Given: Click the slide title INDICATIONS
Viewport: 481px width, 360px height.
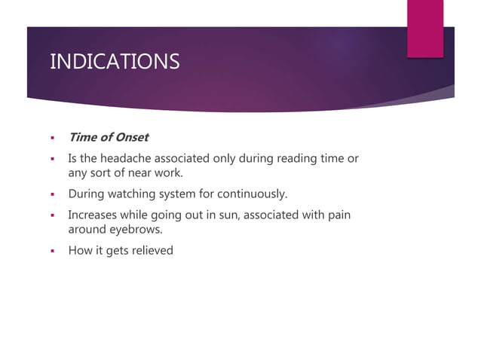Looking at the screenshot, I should (x=115, y=61).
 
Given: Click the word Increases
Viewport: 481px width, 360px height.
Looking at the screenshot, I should (x=93, y=215).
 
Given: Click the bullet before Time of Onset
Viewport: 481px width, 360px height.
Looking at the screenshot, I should (x=53, y=138).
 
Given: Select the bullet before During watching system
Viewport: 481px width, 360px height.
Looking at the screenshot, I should (x=53, y=195).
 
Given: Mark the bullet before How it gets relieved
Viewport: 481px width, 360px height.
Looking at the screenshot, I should (x=53, y=251).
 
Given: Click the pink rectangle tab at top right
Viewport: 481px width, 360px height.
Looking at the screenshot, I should (x=425, y=28).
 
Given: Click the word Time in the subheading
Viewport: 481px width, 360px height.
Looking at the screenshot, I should (x=82, y=137).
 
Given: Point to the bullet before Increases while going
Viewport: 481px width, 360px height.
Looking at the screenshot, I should (x=53, y=216).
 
